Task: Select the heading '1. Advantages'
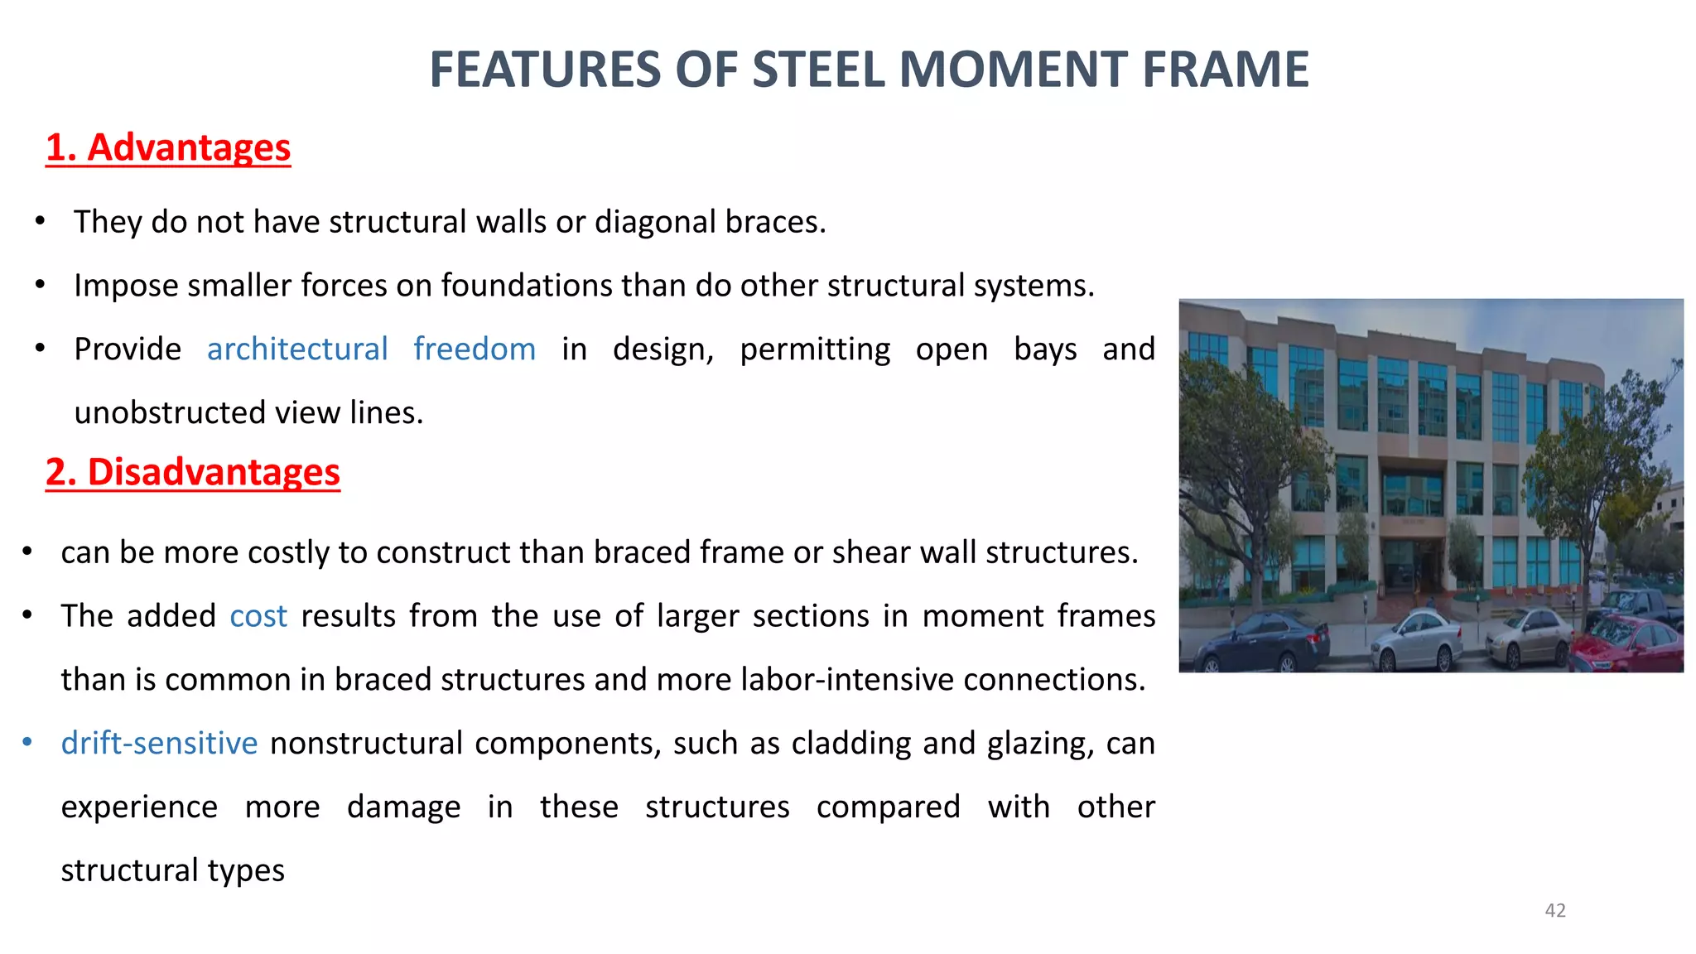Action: pos(168,148)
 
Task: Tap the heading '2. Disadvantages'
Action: pos(192,473)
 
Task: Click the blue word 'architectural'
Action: pos(297,349)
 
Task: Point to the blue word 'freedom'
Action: pos(475,349)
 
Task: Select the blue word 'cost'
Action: pos(258,617)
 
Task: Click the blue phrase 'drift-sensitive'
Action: pos(160,744)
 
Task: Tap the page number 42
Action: pos(1555,911)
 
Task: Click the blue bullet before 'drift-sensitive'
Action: pos(27,743)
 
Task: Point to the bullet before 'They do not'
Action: pos(40,221)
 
